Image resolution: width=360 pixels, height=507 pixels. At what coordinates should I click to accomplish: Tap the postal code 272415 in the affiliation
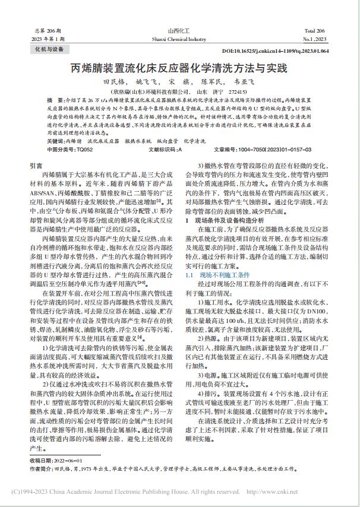237,93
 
